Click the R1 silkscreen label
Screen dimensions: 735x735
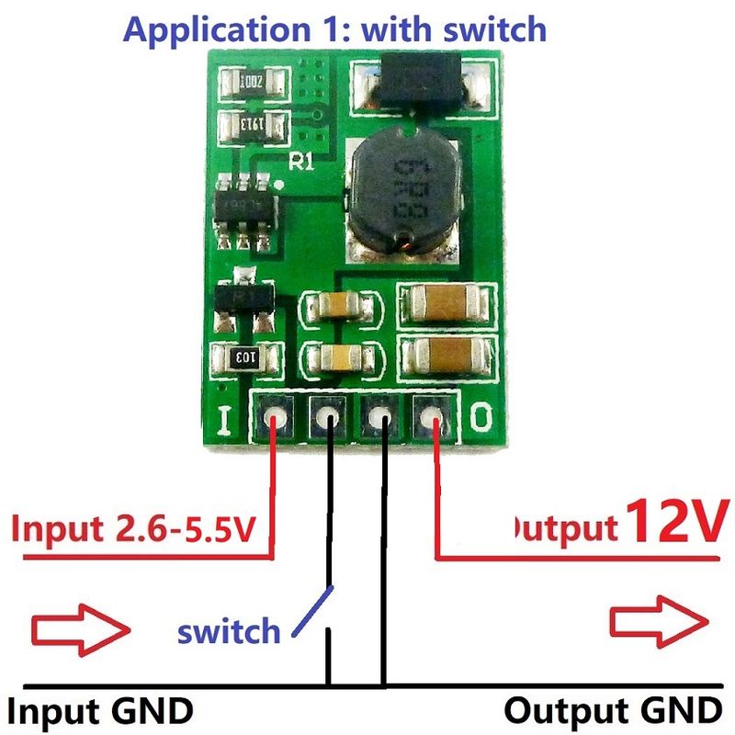click(x=302, y=163)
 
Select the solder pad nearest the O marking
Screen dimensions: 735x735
click(x=432, y=420)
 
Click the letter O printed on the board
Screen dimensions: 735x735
click(x=481, y=420)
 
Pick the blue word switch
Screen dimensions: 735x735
click(x=229, y=631)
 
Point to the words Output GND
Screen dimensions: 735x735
click(x=613, y=710)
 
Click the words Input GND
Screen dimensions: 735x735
click(x=101, y=710)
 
